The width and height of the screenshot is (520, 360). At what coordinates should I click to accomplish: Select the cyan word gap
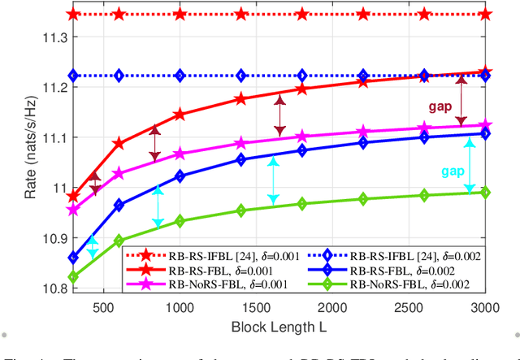[452, 171]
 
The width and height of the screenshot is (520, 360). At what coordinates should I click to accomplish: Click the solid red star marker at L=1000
[180, 115]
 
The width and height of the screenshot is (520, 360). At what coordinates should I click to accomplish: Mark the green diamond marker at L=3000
[485, 192]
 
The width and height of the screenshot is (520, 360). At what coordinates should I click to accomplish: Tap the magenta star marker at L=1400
[240, 143]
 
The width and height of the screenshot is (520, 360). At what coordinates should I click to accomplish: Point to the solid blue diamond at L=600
[119, 206]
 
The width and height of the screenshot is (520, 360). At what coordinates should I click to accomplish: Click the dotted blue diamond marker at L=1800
[301, 76]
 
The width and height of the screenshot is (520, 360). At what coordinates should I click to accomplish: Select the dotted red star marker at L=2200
[362, 14]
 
